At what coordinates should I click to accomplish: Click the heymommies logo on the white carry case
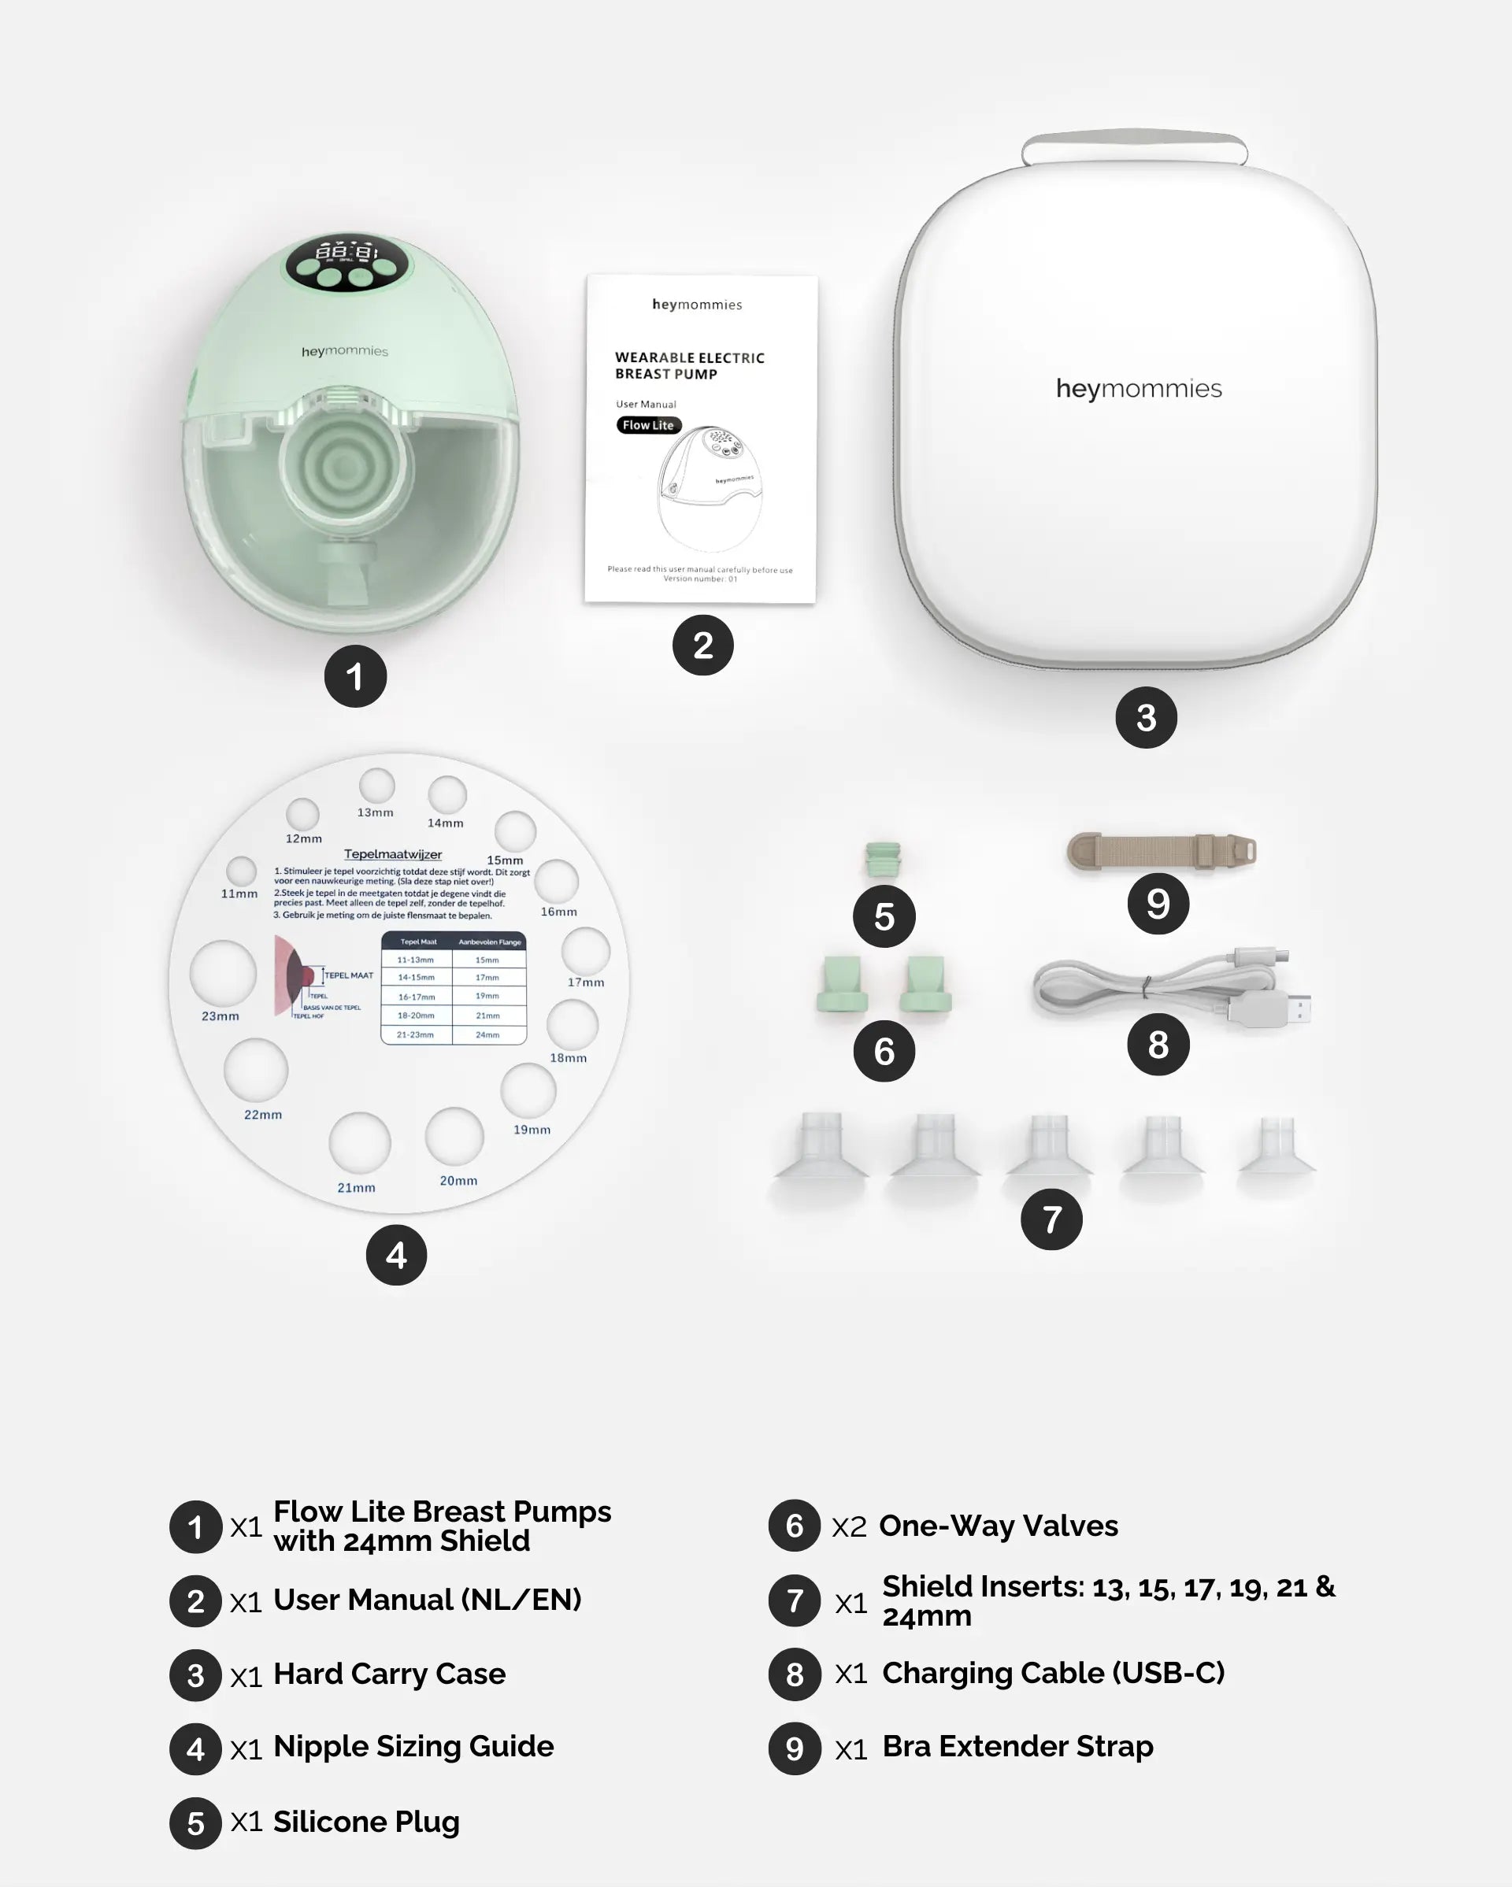pyautogui.click(x=1138, y=388)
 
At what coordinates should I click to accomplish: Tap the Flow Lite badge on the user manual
pyautogui.click(x=648, y=425)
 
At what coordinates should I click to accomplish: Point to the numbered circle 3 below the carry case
pyautogui.click(x=1145, y=718)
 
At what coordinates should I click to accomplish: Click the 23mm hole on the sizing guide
pyautogui.click(x=223, y=973)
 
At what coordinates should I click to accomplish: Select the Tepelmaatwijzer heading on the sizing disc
pyautogui.click(x=392, y=854)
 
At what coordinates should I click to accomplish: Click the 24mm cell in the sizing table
pyautogui.click(x=487, y=1034)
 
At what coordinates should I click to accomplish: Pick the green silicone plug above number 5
pyautogui.click(x=883, y=859)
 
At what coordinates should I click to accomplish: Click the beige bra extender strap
pyautogui.click(x=1160, y=851)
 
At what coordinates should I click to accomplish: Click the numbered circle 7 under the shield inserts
pyautogui.click(x=1051, y=1219)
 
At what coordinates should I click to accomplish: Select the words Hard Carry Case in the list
pyautogui.click(x=390, y=1674)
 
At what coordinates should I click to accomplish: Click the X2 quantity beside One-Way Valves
pyautogui.click(x=848, y=1526)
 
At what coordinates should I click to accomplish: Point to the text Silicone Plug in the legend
pyautogui.click(x=366, y=1822)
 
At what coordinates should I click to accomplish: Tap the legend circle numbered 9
pyautogui.click(x=794, y=1748)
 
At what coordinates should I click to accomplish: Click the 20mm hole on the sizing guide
pyautogui.click(x=454, y=1136)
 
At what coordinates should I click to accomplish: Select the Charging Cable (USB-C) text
pyautogui.click(x=1052, y=1673)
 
